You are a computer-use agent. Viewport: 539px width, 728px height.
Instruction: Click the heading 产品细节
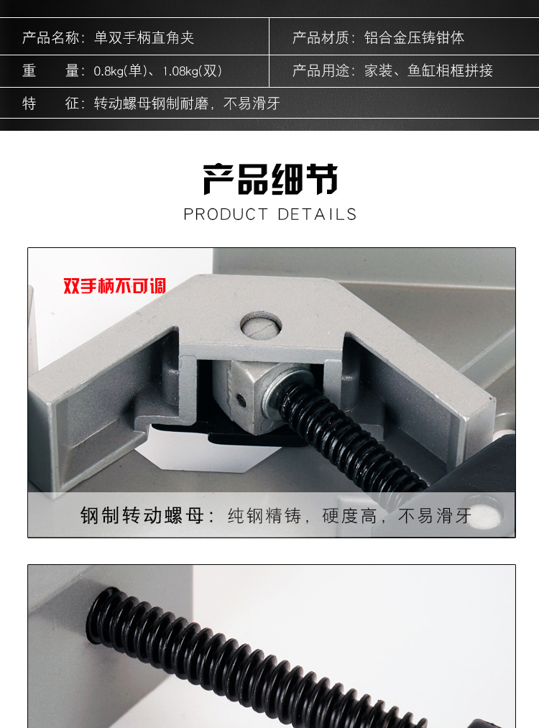point(269,179)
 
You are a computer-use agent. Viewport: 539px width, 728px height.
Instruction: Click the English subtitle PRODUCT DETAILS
point(269,214)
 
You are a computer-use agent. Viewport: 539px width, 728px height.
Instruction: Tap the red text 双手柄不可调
point(114,286)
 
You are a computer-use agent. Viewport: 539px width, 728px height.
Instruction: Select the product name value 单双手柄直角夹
point(144,37)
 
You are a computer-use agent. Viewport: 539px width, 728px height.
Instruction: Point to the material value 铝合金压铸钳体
point(414,37)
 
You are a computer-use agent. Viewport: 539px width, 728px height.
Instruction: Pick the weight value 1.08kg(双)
point(192,70)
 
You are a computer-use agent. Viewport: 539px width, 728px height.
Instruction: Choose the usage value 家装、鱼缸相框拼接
point(428,70)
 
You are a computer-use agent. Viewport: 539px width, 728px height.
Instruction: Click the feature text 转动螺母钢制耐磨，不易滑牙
point(187,103)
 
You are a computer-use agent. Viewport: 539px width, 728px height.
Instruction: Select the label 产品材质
point(321,37)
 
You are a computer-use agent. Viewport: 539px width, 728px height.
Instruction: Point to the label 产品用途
point(321,70)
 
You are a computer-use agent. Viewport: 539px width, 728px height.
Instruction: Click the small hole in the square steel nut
point(240,399)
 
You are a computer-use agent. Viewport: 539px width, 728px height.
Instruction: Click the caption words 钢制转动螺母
point(142,515)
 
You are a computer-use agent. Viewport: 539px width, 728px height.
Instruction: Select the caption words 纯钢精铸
point(264,516)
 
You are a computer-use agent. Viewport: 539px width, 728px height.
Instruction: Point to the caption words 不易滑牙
point(435,516)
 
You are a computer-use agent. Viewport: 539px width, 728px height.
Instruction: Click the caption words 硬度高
point(349,516)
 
